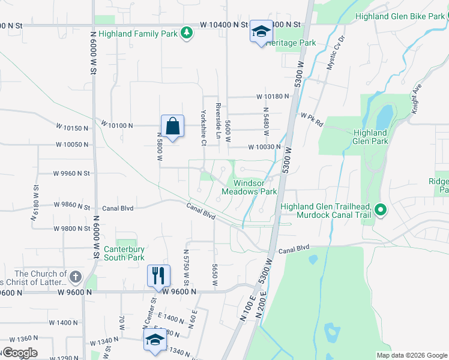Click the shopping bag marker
172,127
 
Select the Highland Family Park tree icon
187,34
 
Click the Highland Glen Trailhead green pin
379,210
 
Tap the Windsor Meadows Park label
255,187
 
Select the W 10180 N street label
273,96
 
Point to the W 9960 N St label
71,173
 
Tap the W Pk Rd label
312,118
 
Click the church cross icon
75,277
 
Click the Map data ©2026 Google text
412,355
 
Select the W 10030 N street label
264,147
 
